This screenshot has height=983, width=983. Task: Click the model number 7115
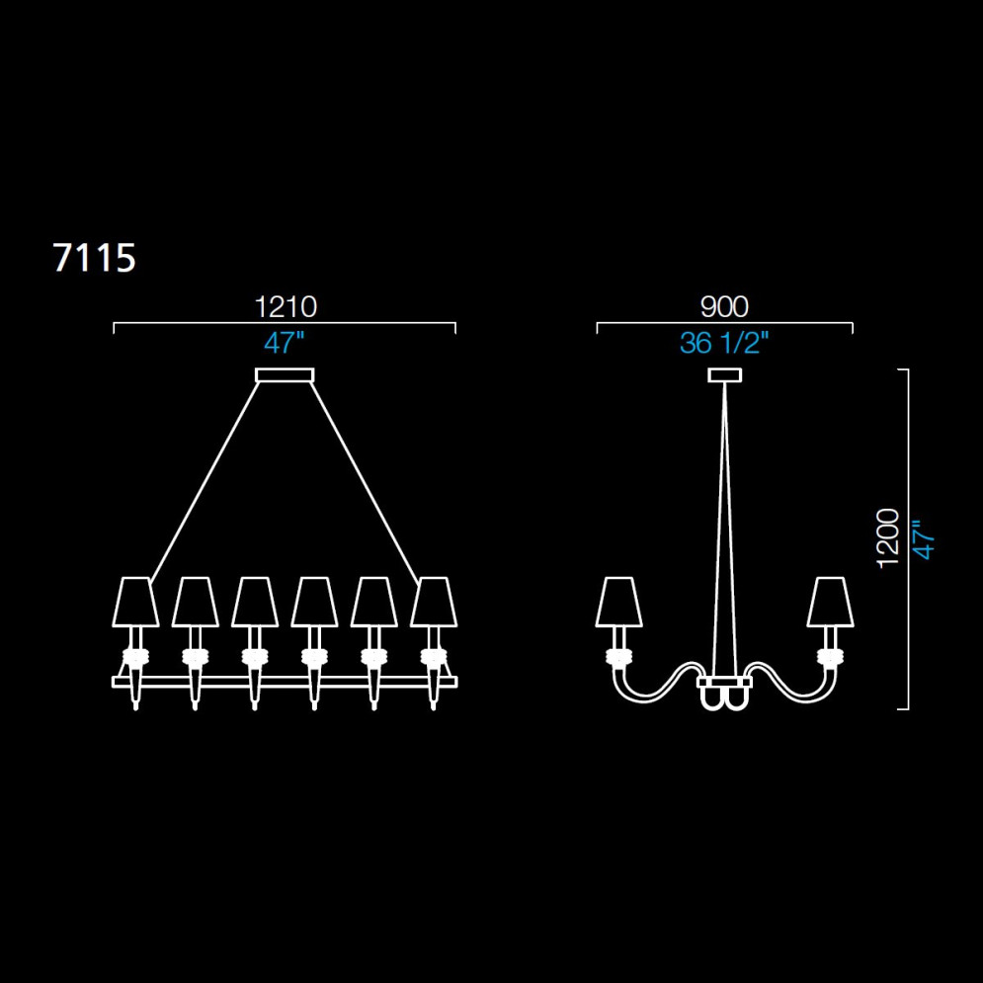tap(94, 258)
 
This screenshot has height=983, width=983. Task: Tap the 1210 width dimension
tap(286, 307)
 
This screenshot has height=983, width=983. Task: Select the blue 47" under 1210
tap(284, 343)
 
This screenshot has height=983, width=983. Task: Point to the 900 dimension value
tap(724, 307)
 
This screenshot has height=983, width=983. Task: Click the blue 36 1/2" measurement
tap(724, 343)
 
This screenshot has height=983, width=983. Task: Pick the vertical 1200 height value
tap(888, 538)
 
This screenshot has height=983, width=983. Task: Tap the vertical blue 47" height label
tap(924, 539)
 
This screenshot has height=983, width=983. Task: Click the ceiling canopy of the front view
tap(285, 374)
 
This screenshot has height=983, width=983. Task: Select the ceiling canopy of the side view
tap(725, 374)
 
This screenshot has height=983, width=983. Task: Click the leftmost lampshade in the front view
tap(135, 602)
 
